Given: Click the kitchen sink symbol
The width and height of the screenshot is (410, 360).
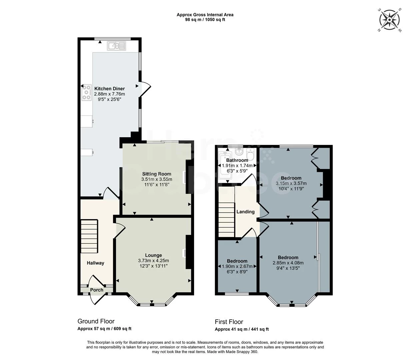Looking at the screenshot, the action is [x=116, y=46].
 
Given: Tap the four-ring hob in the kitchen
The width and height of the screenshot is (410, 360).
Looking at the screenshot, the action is [x=86, y=92].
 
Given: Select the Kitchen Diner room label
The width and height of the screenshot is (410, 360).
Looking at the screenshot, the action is [x=109, y=89].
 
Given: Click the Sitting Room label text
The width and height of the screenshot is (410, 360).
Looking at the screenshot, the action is [x=156, y=174].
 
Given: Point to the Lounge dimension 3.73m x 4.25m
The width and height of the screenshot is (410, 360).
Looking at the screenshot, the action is [x=153, y=261].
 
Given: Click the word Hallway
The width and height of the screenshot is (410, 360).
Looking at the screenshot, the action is [x=95, y=263].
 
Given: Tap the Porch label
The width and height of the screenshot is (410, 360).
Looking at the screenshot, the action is [x=97, y=290].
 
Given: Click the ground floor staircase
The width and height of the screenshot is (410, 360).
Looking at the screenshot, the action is [x=89, y=236].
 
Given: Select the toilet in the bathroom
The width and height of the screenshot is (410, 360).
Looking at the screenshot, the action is [x=250, y=154].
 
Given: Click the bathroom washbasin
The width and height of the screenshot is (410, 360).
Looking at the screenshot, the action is [x=239, y=152].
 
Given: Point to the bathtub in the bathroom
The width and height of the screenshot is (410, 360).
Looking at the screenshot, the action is [x=225, y=166].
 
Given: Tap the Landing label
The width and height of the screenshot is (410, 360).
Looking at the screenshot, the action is [x=245, y=212].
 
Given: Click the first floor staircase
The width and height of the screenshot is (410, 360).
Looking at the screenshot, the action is [x=226, y=212].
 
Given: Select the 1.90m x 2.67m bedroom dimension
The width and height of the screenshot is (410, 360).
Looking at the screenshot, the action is [x=237, y=266].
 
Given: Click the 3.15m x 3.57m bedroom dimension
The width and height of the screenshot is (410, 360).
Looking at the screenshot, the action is [x=291, y=183].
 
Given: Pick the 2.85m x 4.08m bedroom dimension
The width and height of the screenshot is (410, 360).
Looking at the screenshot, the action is [x=288, y=263].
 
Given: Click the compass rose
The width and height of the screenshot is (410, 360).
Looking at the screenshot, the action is [x=389, y=20].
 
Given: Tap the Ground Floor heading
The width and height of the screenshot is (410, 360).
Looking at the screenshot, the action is [x=96, y=321].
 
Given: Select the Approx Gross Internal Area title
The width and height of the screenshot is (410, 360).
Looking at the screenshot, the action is [x=205, y=15].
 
